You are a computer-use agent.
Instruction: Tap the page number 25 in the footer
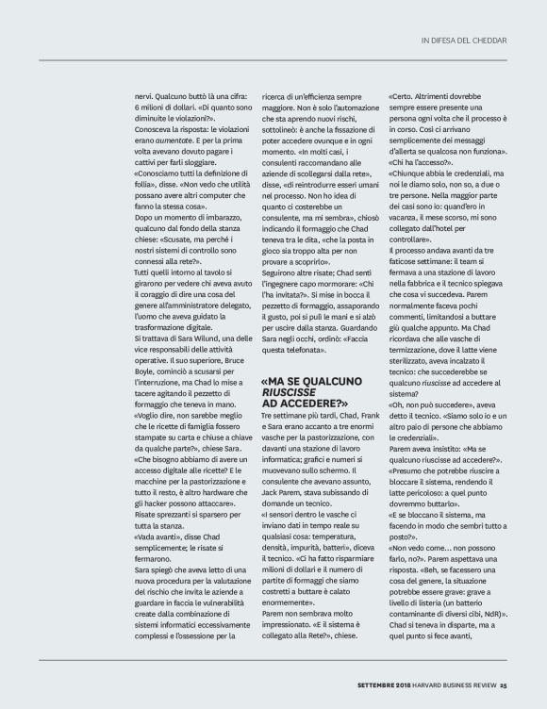pos(504,685)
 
